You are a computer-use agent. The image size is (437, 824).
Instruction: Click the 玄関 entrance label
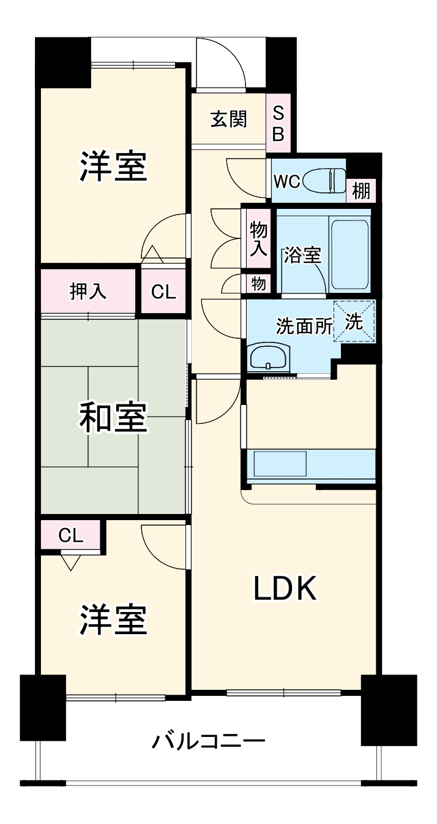point(229,119)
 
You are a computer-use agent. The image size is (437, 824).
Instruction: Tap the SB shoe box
point(278,123)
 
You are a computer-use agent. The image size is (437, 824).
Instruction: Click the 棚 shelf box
point(361,191)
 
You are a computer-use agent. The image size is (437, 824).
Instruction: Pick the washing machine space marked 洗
point(354,321)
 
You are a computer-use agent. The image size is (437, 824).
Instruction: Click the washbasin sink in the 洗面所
point(269,357)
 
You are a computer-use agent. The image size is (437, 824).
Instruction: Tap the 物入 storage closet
point(258,240)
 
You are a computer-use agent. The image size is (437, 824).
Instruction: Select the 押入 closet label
point(88,292)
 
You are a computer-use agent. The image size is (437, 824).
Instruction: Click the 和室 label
point(113,418)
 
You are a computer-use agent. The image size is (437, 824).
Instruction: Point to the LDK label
point(285,589)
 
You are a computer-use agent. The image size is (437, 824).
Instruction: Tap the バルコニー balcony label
point(209,742)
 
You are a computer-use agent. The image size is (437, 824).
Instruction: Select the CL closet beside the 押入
point(163,292)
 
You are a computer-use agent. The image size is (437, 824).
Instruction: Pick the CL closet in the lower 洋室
point(70,535)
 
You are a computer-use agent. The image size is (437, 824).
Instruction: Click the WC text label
point(286,181)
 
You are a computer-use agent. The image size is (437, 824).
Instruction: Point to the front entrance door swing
point(220,64)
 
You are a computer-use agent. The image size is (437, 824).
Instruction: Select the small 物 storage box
point(258,284)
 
